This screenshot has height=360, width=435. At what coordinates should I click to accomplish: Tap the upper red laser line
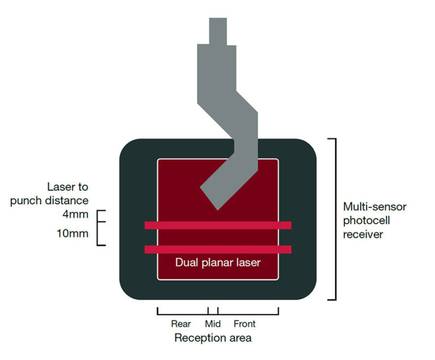(x=217, y=225)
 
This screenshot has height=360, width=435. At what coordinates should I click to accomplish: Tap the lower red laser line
(x=217, y=249)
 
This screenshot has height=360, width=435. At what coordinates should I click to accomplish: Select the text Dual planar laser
(x=217, y=263)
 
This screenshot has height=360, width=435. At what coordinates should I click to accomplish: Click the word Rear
(x=181, y=324)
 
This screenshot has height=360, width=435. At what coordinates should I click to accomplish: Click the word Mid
(x=212, y=324)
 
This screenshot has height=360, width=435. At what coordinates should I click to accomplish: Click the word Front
(x=244, y=324)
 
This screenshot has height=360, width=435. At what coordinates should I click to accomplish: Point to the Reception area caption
(x=213, y=338)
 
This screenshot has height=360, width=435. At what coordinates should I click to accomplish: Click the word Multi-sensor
(x=374, y=207)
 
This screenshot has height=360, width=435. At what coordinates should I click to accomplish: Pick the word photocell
(x=366, y=220)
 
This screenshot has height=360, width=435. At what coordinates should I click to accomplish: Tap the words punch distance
(x=49, y=200)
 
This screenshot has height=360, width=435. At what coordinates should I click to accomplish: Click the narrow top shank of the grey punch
(x=217, y=31)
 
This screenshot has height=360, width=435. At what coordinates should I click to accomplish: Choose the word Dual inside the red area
(x=186, y=263)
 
